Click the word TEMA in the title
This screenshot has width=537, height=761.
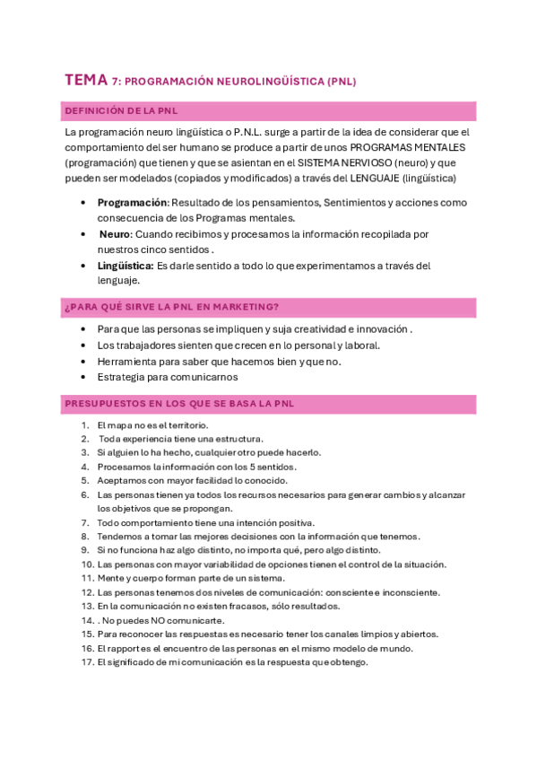pos(86,81)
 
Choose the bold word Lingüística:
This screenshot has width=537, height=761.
pos(126,265)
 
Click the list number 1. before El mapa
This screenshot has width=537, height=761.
pos(85,424)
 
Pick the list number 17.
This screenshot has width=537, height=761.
pos(87,662)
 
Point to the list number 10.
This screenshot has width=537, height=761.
pos(87,564)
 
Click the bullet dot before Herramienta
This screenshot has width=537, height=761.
pos(83,361)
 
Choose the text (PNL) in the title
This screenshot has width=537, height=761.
pos(342,82)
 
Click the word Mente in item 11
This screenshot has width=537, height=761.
pos(109,579)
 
